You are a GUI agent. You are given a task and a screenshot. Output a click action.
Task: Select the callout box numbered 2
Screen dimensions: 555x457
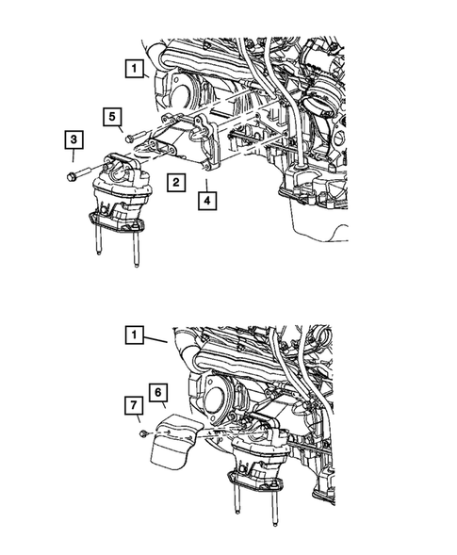click(x=175, y=183)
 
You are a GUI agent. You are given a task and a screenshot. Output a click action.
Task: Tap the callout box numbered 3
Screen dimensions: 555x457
click(x=72, y=141)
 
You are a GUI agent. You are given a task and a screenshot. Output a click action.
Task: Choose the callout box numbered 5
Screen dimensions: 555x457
click(x=111, y=116)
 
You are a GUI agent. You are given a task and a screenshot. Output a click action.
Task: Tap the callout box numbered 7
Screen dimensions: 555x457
click(x=136, y=406)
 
